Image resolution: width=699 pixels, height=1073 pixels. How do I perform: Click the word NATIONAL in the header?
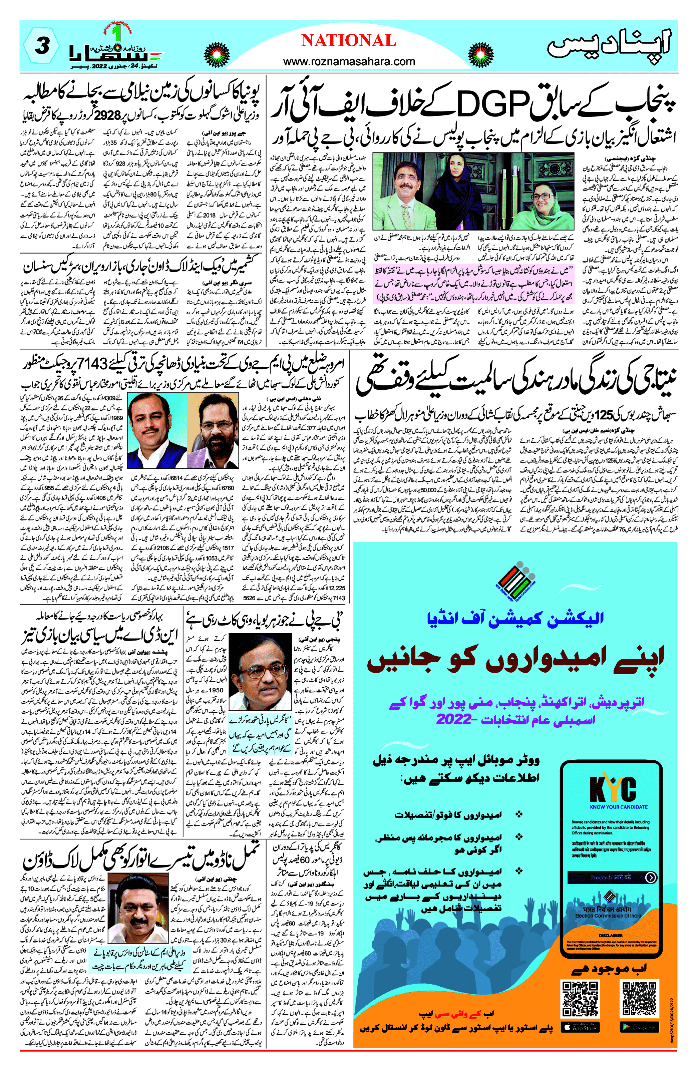349,41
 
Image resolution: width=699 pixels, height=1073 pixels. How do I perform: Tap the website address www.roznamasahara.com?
349,61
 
